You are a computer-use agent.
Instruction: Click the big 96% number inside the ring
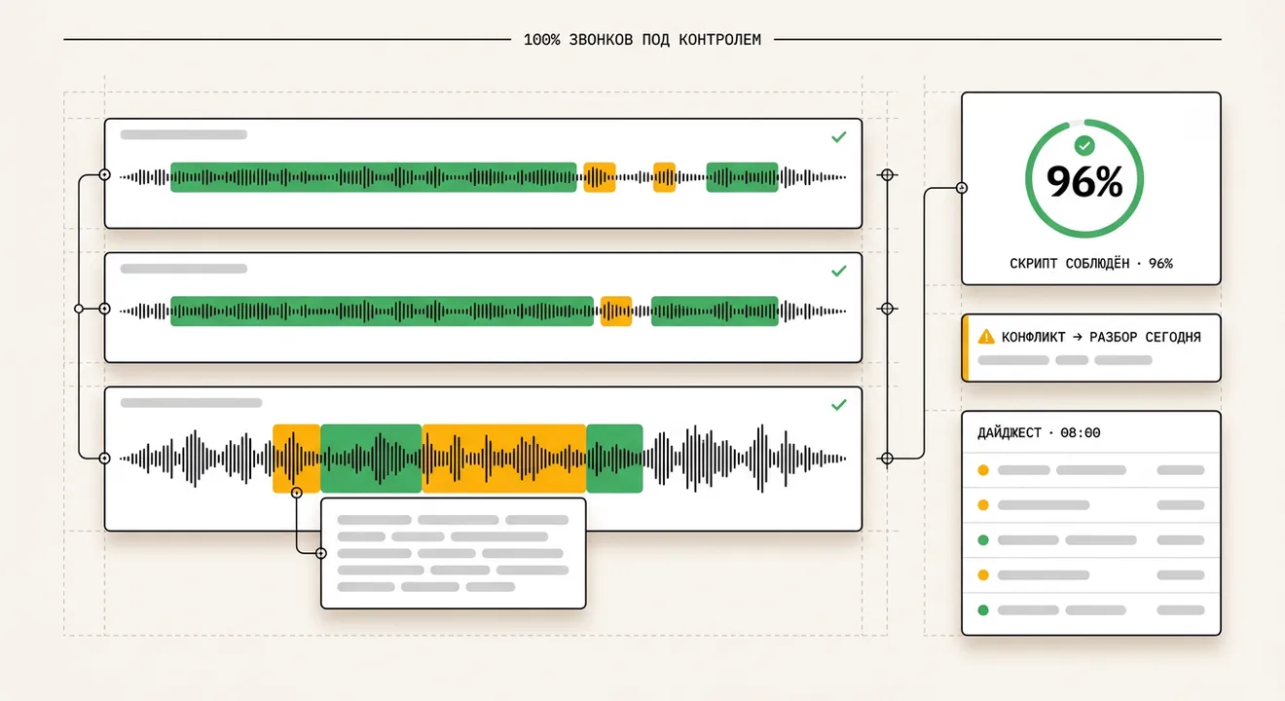pyautogui.click(x=1084, y=182)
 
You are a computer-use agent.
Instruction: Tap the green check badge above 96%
pyautogui.click(x=1084, y=145)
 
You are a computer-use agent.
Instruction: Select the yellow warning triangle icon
pyautogui.click(x=986, y=336)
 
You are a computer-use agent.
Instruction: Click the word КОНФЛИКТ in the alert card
pyautogui.click(x=1033, y=337)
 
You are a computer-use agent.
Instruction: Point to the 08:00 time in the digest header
pyautogui.click(x=1081, y=432)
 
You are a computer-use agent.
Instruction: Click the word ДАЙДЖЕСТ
pyautogui.click(x=1010, y=432)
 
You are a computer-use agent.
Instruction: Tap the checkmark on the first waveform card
pyautogui.click(x=839, y=137)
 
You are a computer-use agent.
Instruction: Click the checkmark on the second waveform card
pyautogui.click(x=839, y=271)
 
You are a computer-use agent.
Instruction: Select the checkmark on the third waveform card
pyautogui.click(x=839, y=405)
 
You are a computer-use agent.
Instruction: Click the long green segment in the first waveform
pyautogui.click(x=374, y=177)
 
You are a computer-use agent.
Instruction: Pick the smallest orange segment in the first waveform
pyautogui.click(x=664, y=177)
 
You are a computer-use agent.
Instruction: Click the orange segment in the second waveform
pyautogui.click(x=616, y=312)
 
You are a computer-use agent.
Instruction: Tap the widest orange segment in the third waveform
pyautogui.click(x=503, y=459)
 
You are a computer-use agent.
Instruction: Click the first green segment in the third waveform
pyautogui.click(x=371, y=459)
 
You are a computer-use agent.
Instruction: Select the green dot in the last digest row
pyautogui.click(x=983, y=609)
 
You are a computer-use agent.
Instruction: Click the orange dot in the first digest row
pyautogui.click(x=983, y=470)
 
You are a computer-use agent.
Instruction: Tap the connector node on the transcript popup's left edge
pyautogui.click(x=321, y=553)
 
